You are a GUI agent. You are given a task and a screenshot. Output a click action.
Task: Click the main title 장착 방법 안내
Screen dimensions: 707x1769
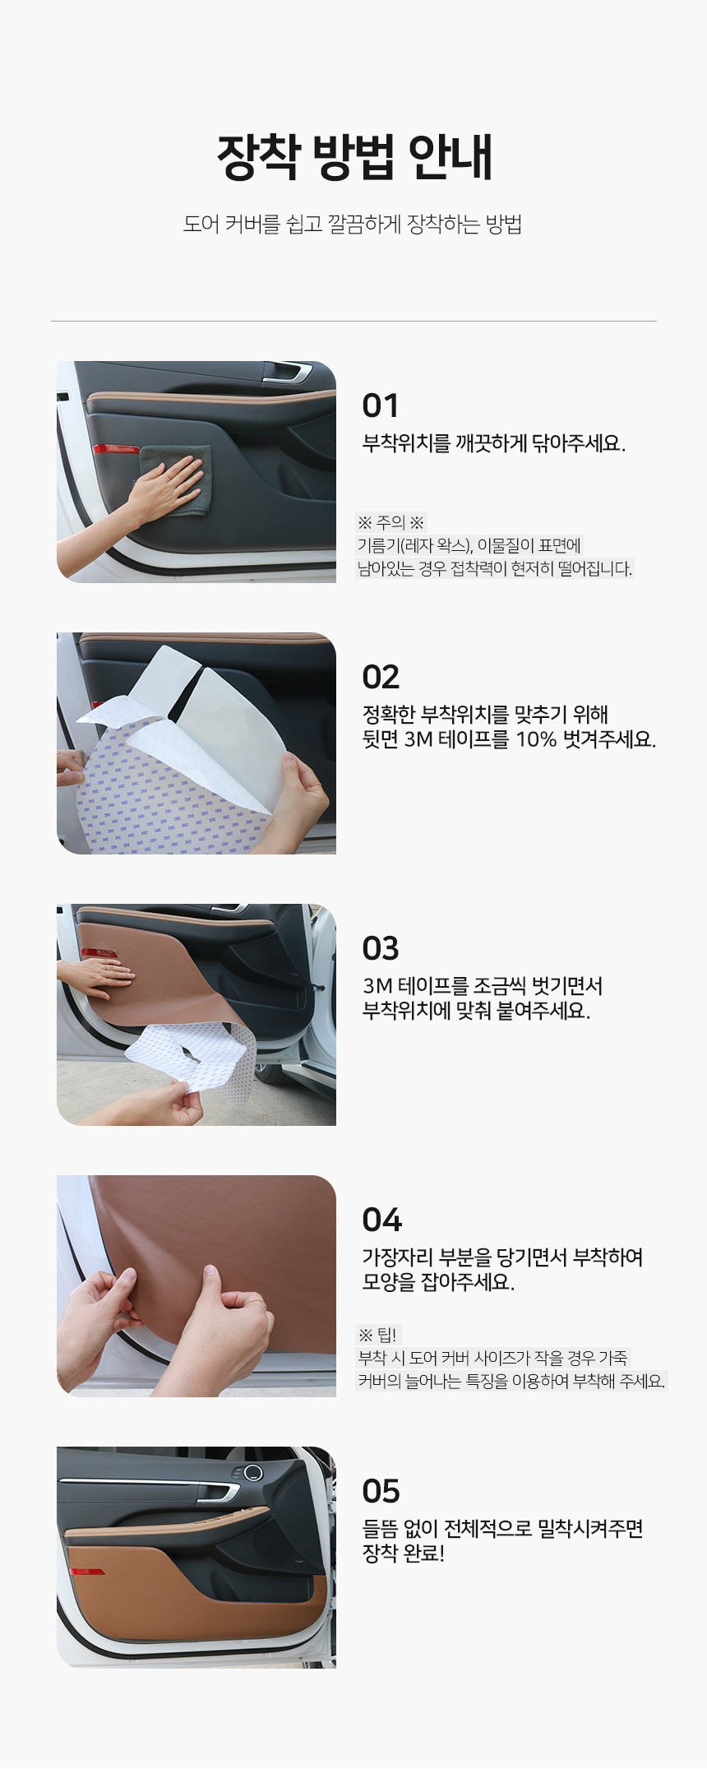point(354,156)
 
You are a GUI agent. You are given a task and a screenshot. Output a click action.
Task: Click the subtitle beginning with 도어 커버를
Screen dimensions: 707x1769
point(353,225)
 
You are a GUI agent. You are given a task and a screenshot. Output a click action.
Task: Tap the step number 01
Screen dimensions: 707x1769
point(381,405)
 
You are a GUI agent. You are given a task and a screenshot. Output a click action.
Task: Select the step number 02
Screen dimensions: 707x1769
point(381,677)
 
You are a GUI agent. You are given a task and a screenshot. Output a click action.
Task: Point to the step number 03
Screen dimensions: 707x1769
point(381,948)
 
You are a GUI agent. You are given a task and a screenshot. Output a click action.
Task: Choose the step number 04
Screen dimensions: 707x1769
point(382,1220)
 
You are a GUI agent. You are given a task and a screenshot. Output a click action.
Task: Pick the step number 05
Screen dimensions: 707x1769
point(381,1491)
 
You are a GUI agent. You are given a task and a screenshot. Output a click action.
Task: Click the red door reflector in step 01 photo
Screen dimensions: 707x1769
point(116,449)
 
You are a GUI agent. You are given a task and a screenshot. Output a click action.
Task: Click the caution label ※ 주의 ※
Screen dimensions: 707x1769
point(390,522)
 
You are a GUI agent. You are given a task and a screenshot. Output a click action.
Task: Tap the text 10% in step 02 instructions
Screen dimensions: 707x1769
point(536,739)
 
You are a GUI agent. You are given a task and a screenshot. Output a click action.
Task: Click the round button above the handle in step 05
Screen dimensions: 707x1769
point(252,1472)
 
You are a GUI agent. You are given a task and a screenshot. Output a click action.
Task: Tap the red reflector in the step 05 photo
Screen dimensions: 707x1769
point(86,1572)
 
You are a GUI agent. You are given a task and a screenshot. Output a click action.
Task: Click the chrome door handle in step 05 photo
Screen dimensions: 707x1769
point(219,1489)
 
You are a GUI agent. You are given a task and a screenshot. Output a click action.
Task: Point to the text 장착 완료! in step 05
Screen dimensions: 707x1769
point(404,1554)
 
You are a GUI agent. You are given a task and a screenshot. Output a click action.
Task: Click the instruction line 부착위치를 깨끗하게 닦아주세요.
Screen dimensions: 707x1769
point(494,443)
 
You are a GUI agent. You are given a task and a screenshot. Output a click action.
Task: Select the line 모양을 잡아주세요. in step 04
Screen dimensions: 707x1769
point(438,1282)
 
